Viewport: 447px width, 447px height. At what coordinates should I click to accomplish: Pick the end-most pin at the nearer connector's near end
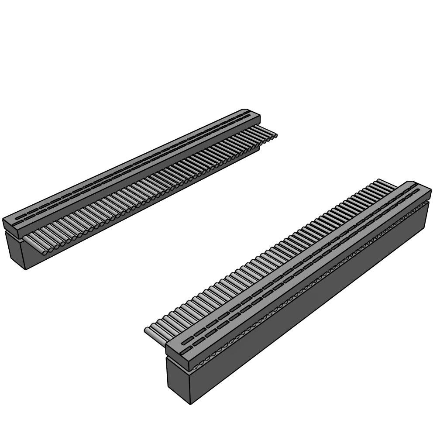click(151, 333)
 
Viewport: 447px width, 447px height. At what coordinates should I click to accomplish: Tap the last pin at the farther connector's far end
click(272, 135)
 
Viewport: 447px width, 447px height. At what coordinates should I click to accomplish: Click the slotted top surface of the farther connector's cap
click(131, 164)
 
